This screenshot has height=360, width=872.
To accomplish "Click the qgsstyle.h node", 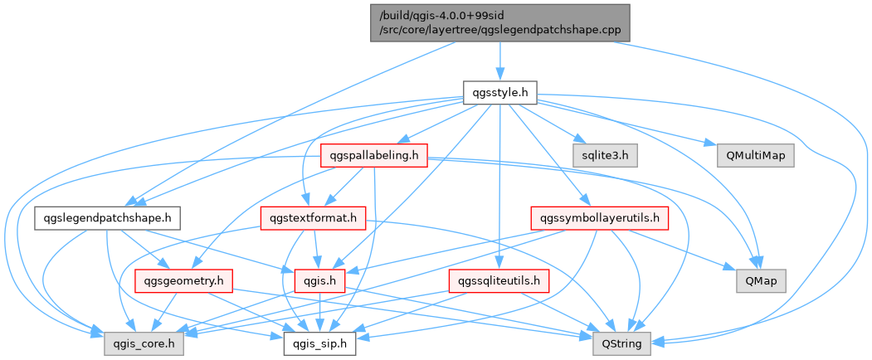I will tap(499, 92).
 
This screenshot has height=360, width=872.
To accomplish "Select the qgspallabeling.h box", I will tap(373, 154).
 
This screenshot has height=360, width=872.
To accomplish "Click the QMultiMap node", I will tap(749, 154).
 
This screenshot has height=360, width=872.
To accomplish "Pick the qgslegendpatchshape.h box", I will tap(108, 218).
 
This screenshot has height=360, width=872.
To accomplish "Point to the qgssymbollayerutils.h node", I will tap(599, 218).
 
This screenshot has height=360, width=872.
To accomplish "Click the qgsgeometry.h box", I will tap(182, 280).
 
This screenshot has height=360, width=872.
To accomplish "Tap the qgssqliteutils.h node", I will tap(499, 280).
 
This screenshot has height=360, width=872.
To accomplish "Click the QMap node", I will tap(761, 280).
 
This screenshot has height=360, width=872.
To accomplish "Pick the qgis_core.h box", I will tap(144, 342).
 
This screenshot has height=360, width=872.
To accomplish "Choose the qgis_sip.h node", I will tap(320, 342).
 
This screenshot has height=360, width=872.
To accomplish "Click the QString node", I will tap(622, 342).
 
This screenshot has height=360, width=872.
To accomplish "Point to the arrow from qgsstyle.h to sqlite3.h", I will tap(552, 124).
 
